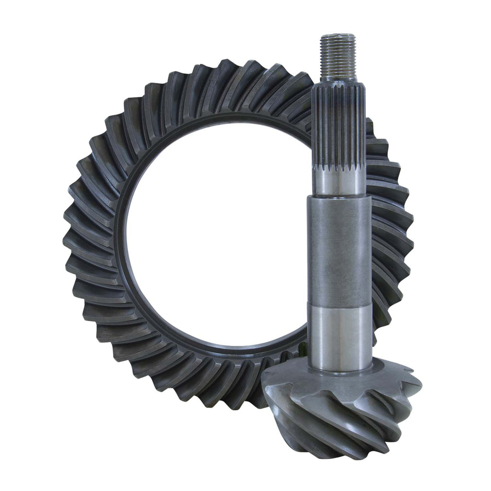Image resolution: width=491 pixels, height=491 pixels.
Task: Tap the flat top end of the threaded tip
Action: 338,36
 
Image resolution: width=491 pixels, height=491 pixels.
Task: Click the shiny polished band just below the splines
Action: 339,182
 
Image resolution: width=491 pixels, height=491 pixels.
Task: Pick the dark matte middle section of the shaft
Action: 339,249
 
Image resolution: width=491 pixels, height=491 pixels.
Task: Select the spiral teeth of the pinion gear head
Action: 345,412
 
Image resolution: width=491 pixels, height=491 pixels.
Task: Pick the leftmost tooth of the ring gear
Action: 72,235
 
